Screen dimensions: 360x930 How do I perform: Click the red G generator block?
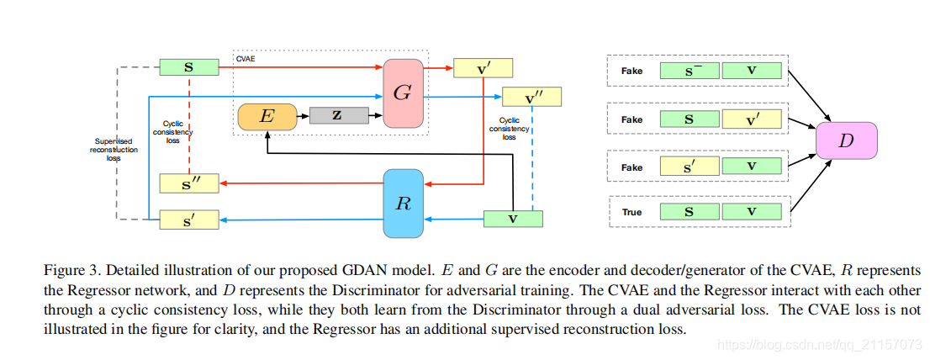pyautogui.click(x=403, y=93)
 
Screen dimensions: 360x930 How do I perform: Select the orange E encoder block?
pyautogui.click(x=267, y=117)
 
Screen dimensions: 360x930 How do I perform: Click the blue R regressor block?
pyautogui.click(x=404, y=203)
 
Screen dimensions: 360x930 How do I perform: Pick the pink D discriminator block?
pyautogui.click(x=846, y=140)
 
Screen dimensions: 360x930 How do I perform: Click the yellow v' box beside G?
pyautogui.click(x=483, y=68)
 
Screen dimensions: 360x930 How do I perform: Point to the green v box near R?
pyautogui.click(x=513, y=219)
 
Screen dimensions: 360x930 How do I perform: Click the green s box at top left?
pyautogui.click(x=189, y=66)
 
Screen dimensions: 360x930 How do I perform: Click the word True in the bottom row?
pyautogui.click(x=631, y=212)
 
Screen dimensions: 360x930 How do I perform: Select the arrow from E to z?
pyautogui.click(x=304, y=116)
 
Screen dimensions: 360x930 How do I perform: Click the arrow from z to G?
pyautogui.click(x=376, y=114)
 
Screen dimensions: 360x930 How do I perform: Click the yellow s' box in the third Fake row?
pyautogui.click(x=689, y=167)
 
